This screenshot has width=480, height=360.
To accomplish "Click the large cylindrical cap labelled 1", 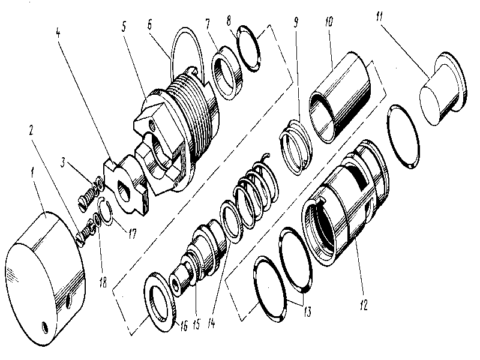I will pos(45,276).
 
